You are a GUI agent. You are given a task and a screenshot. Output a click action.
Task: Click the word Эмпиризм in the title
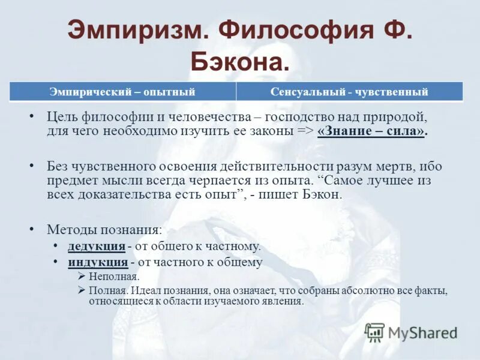coord(136,31)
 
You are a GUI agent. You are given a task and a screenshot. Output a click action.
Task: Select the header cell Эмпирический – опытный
coord(122,92)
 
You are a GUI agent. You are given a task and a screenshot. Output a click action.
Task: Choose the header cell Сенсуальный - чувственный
coord(349,92)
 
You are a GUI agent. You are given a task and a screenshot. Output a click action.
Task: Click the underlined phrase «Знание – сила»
coord(372,132)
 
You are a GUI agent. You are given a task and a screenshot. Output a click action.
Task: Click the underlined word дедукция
coord(96,246)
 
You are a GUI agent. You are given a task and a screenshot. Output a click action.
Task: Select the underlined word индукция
coord(97,262)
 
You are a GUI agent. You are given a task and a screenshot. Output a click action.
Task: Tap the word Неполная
coord(114,277)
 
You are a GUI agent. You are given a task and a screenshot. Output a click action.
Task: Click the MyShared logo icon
coord(375,332)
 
